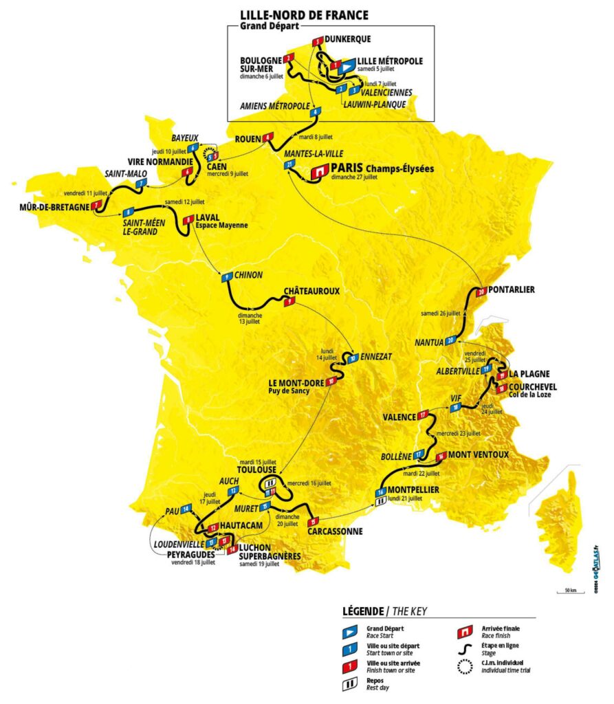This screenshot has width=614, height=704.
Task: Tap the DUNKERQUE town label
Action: [349, 41]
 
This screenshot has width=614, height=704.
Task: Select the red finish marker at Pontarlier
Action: [482, 292]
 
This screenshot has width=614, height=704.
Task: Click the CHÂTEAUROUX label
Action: [312, 291]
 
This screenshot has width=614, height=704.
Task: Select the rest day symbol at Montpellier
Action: [380, 502]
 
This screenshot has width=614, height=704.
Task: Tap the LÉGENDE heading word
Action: [362, 612]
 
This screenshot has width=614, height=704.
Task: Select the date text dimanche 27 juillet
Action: [355, 177]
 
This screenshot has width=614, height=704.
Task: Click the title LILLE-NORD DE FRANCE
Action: [303, 14]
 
